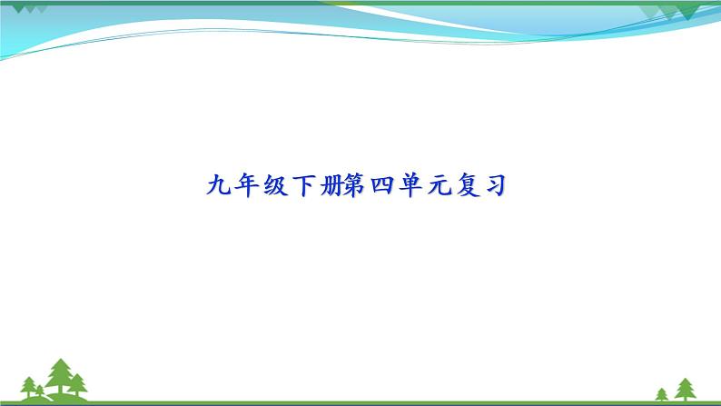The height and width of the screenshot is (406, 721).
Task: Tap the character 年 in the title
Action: [248, 187]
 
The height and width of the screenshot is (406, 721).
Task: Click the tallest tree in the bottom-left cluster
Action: [61, 375]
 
